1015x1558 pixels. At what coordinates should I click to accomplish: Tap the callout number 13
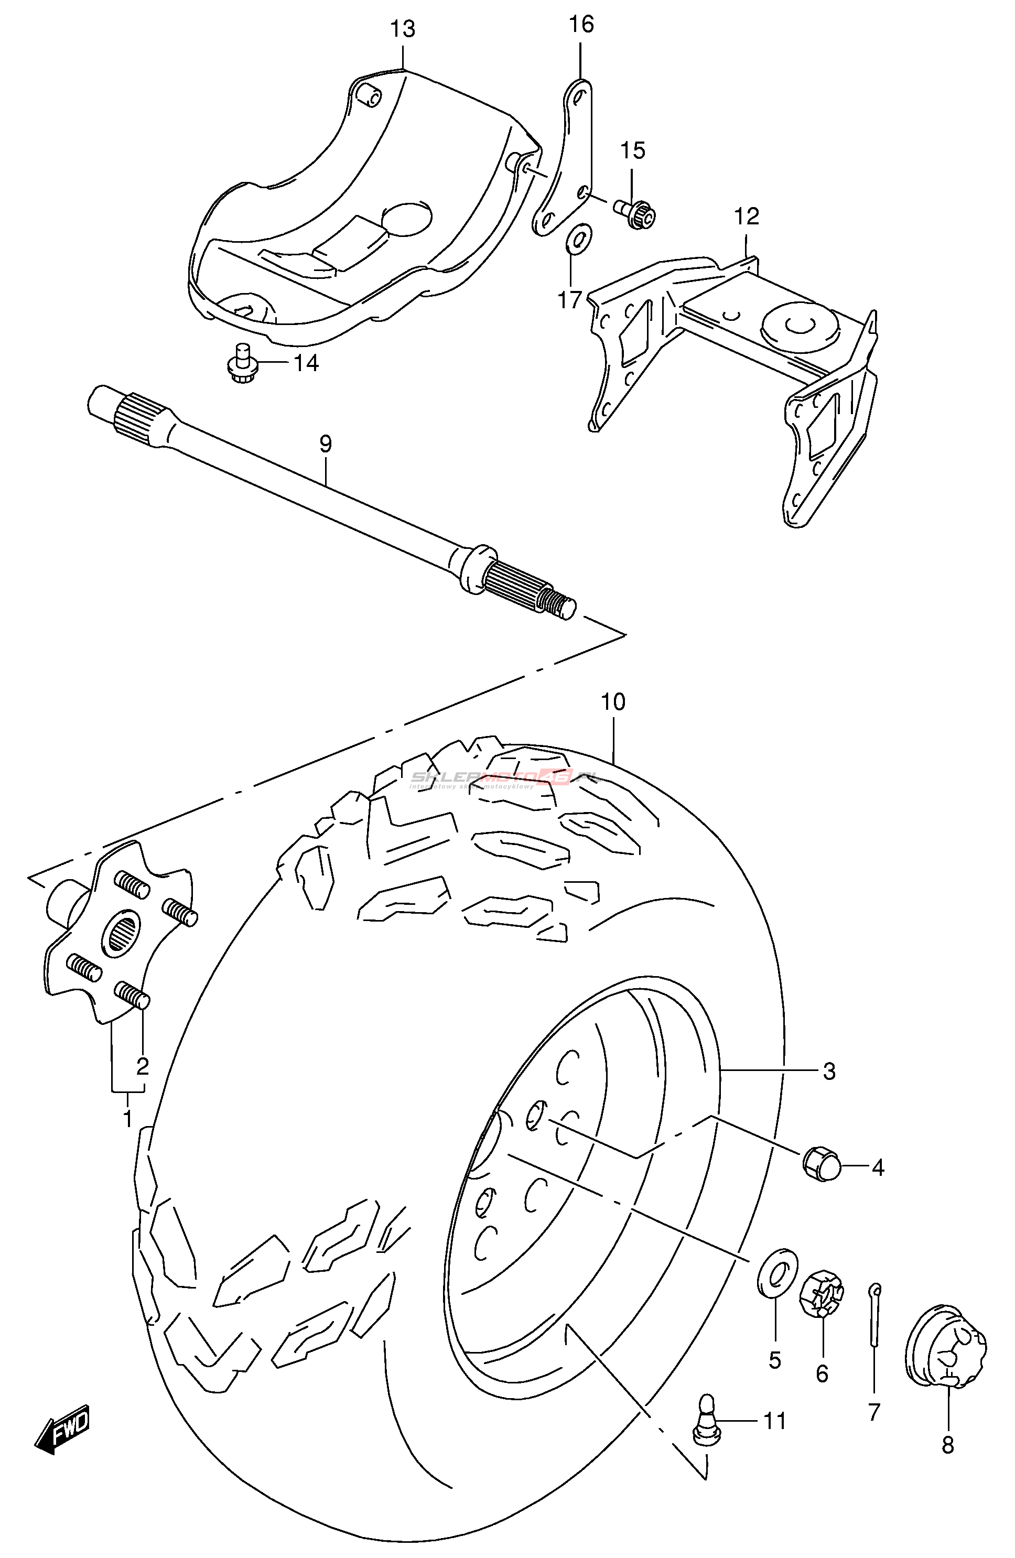tap(403, 29)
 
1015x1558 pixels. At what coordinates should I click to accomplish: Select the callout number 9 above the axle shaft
tap(326, 445)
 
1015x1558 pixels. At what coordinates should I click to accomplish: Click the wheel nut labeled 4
tap(821, 1166)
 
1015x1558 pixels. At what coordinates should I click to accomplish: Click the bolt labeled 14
tap(242, 364)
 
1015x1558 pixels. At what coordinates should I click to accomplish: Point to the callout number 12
tap(747, 216)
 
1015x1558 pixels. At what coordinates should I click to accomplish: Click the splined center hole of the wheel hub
tap(122, 930)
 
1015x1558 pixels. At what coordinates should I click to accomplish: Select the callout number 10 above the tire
tap(613, 702)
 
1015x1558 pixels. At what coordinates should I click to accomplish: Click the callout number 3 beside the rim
tap(829, 1072)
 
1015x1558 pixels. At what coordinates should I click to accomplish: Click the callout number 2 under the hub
tap(142, 1067)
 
